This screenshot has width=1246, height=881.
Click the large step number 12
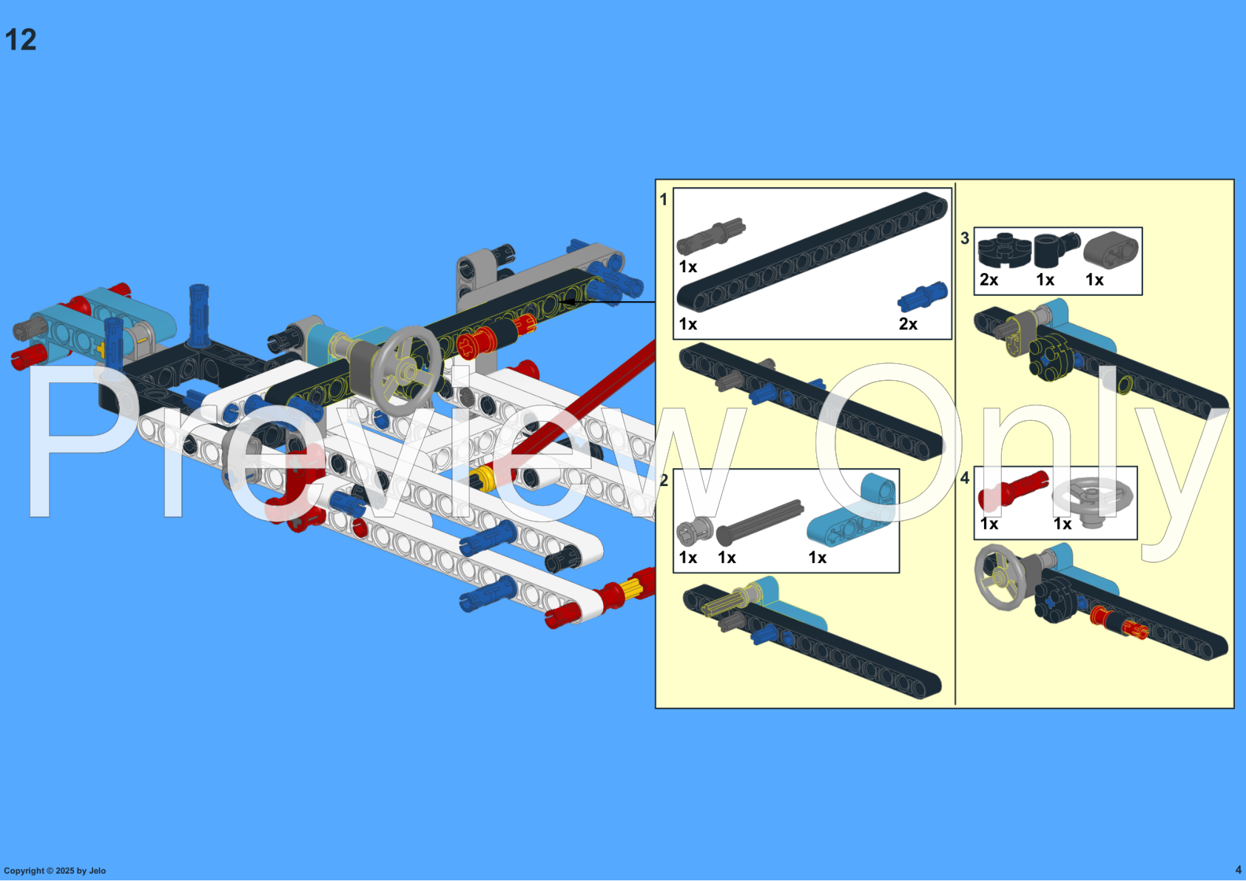21,40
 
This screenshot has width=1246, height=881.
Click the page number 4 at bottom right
1238,870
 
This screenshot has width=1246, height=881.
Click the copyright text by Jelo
55,871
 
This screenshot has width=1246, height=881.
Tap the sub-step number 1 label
664,200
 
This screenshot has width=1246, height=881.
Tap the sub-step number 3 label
965,238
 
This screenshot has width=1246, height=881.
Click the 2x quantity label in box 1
908,324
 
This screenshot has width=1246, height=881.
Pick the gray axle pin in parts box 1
710,236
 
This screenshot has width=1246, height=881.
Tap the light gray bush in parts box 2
694,530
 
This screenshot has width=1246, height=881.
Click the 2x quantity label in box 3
989,280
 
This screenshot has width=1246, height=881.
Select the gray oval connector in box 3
1111,250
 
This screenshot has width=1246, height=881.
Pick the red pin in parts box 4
1013,490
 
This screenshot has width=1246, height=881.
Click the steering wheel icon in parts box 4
1093,500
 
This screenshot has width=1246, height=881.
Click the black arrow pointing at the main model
607,302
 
